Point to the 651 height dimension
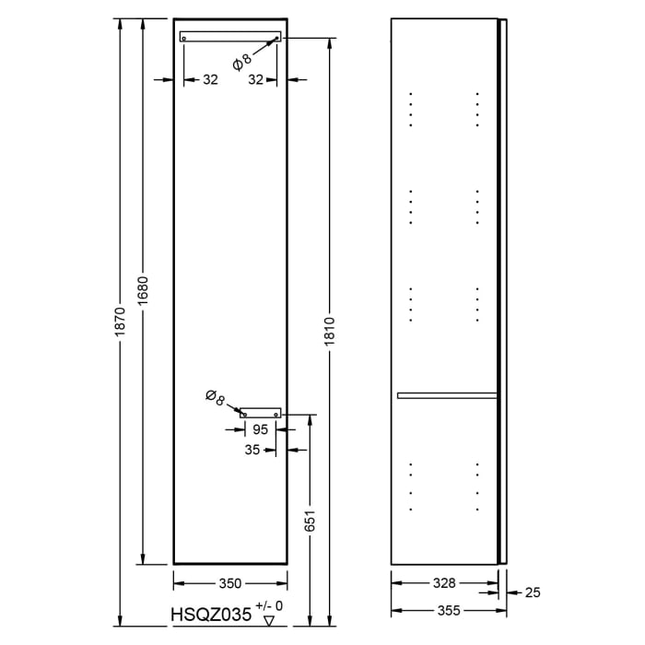pos(311,522)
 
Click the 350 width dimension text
pos(229,583)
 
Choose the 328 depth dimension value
pos(445,583)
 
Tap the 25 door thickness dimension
pos(533,592)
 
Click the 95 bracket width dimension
pos(260,429)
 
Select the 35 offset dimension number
pos(252,451)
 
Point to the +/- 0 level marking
pos(270,605)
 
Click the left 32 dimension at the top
pos(210,80)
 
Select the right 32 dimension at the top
pos(255,80)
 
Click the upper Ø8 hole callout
pos(241,61)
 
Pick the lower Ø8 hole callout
pos(215,398)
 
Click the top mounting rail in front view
pos(230,37)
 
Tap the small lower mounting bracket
pos(261,414)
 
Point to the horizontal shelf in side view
pos(447,395)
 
